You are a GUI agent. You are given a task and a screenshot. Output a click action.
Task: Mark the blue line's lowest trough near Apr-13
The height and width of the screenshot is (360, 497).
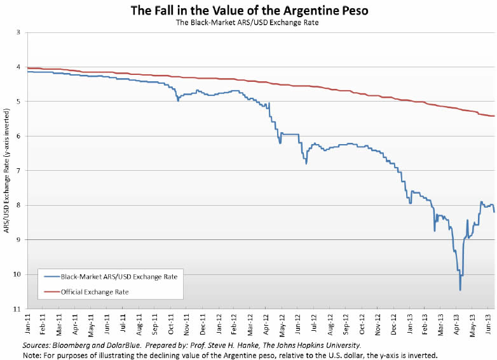(x=460, y=290)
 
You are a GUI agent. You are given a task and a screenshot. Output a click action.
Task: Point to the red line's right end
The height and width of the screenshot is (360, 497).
(x=494, y=116)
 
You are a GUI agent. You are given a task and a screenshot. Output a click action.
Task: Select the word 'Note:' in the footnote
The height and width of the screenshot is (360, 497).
(x=15, y=354)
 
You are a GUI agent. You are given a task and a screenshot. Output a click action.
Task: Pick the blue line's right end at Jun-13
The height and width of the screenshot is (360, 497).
(x=494, y=212)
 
